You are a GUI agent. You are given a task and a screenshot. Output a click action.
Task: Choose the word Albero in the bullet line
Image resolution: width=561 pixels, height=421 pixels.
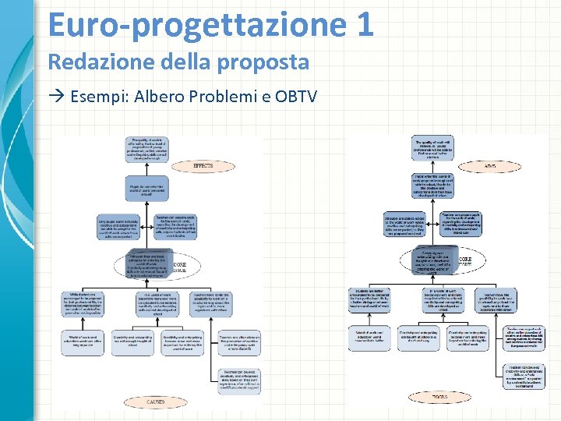(159, 97)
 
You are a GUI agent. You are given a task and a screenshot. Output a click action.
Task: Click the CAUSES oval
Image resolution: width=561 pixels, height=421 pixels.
(155, 402)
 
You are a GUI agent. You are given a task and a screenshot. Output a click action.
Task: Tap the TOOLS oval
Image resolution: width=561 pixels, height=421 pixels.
(439, 397)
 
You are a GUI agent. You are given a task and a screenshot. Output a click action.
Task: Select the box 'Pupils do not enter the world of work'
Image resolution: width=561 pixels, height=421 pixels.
(147, 188)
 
